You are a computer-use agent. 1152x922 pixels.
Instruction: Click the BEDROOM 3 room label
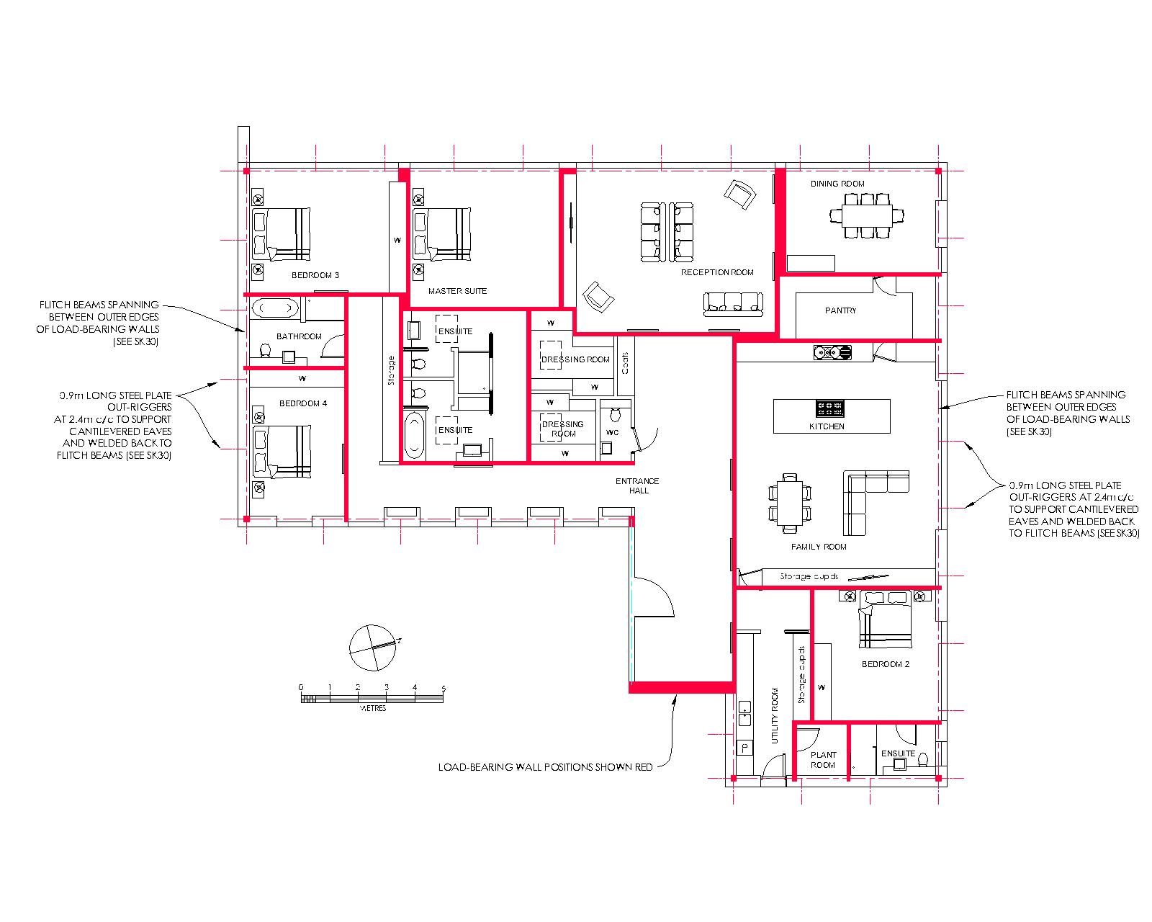pyautogui.click(x=315, y=275)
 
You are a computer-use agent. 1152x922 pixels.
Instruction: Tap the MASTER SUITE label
pyautogui.click(x=458, y=292)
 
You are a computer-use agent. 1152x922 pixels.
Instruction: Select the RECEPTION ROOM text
pyautogui.click(x=717, y=273)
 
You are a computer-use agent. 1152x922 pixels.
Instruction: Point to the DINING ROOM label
pyautogui.click(x=837, y=184)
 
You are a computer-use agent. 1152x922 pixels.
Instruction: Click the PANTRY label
pyautogui.click(x=840, y=310)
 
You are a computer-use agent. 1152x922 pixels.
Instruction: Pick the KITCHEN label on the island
pyautogui.click(x=827, y=426)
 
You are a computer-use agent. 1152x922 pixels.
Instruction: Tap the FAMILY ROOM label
pyautogui.click(x=819, y=547)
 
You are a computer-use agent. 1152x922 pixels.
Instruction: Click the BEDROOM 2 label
pyautogui.click(x=886, y=664)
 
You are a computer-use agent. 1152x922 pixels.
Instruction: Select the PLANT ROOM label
pyautogui.click(x=823, y=760)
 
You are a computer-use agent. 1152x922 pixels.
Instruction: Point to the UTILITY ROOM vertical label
pyautogui.click(x=775, y=716)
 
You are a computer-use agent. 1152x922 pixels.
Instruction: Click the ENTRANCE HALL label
pyautogui.click(x=638, y=486)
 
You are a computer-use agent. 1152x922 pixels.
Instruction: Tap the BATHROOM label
pyautogui.click(x=299, y=336)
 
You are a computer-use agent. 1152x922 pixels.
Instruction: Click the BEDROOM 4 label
pyautogui.click(x=303, y=403)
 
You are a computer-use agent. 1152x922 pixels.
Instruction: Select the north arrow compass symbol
pyautogui.click(x=373, y=648)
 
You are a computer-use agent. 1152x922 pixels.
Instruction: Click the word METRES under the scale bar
pyautogui.click(x=373, y=708)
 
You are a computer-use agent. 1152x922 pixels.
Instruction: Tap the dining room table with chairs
pyautogui.click(x=867, y=216)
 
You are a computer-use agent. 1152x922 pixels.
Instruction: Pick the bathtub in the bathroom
pyautogui.click(x=275, y=308)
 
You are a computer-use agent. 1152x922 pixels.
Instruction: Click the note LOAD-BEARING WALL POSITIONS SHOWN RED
pyautogui.click(x=546, y=768)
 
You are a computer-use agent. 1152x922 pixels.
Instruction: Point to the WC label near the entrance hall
pyautogui.click(x=613, y=432)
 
